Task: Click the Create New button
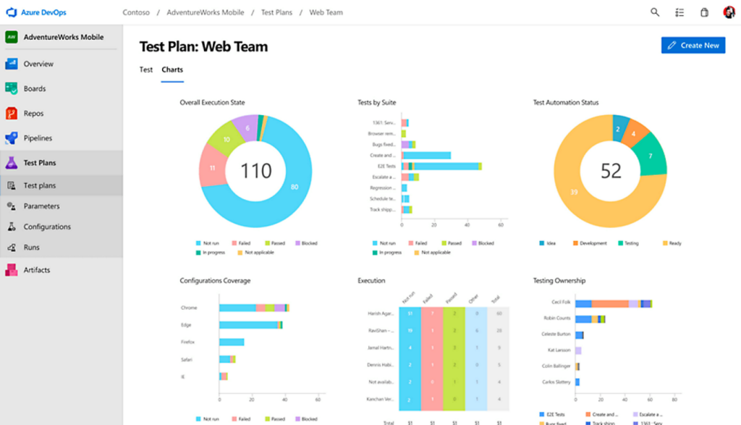[693, 45]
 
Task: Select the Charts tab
[172, 70]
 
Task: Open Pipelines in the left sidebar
[38, 138]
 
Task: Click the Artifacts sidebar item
[36, 270]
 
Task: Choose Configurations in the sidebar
[47, 227]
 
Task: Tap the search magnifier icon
[655, 12]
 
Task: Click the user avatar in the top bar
[729, 12]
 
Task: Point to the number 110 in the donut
[255, 171]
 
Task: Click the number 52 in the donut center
[611, 171]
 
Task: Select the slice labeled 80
[294, 187]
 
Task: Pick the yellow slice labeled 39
[574, 192]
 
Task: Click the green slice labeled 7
[651, 156]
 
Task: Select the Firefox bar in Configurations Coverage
[232, 342]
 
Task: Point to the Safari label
[187, 359]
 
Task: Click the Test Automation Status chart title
[565, 103]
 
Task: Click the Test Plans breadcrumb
[276, 12]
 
